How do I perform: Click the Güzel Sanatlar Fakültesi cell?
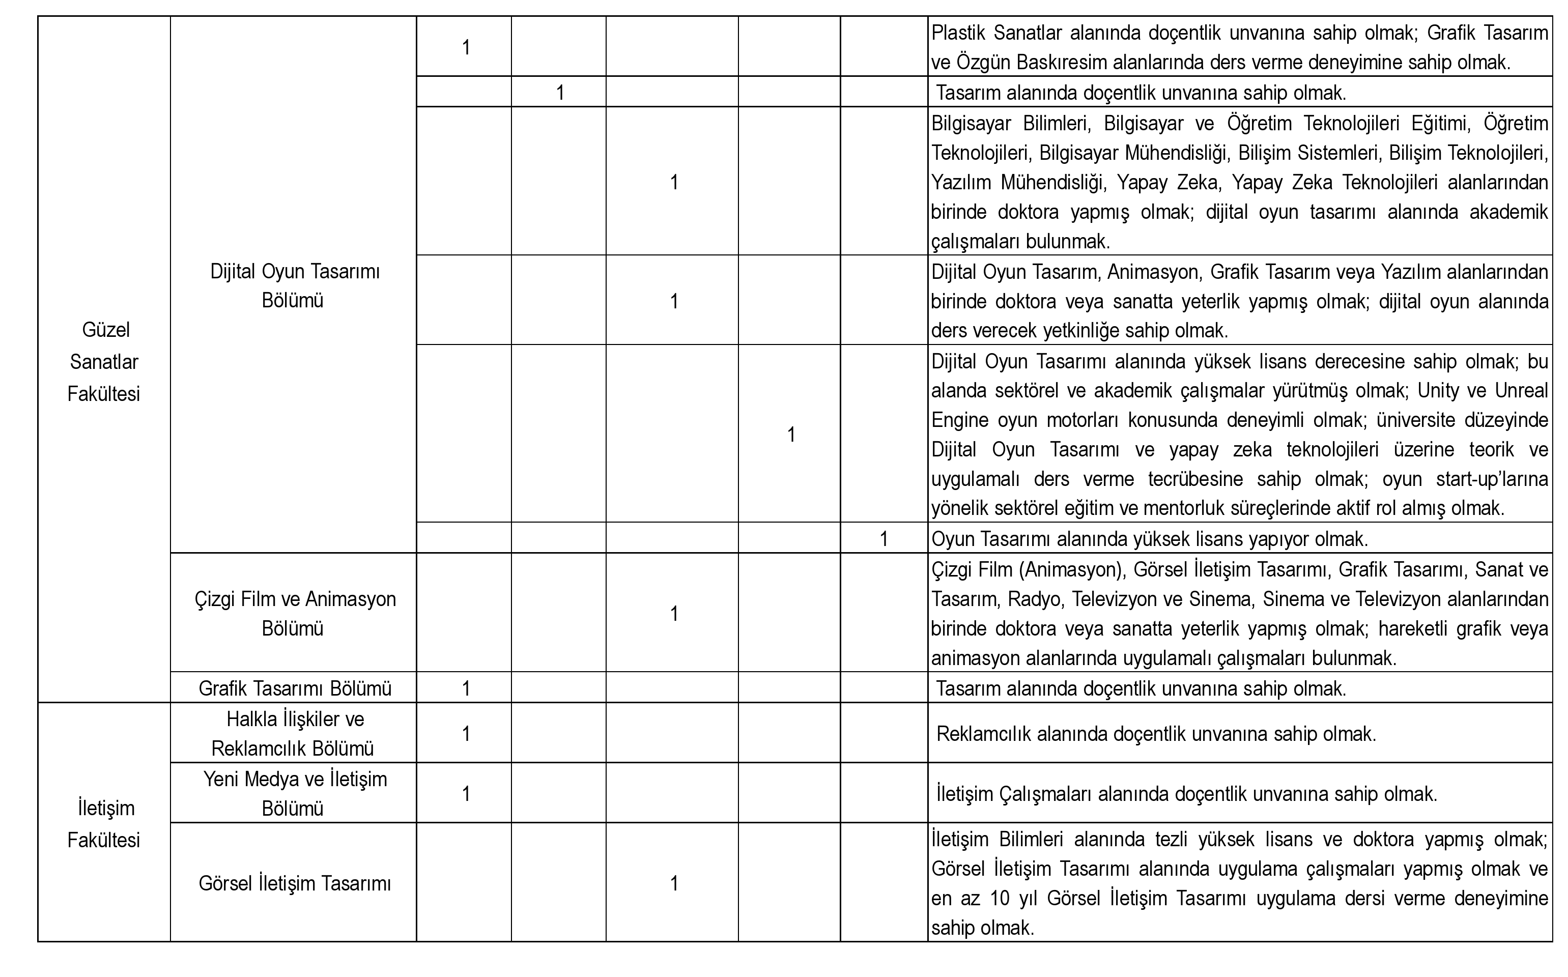click(104, 362)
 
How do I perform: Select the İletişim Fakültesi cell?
click(104, 824)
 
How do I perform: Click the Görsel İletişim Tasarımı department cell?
click(295, 883)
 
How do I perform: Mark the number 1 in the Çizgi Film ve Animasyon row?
click(674, 613)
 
